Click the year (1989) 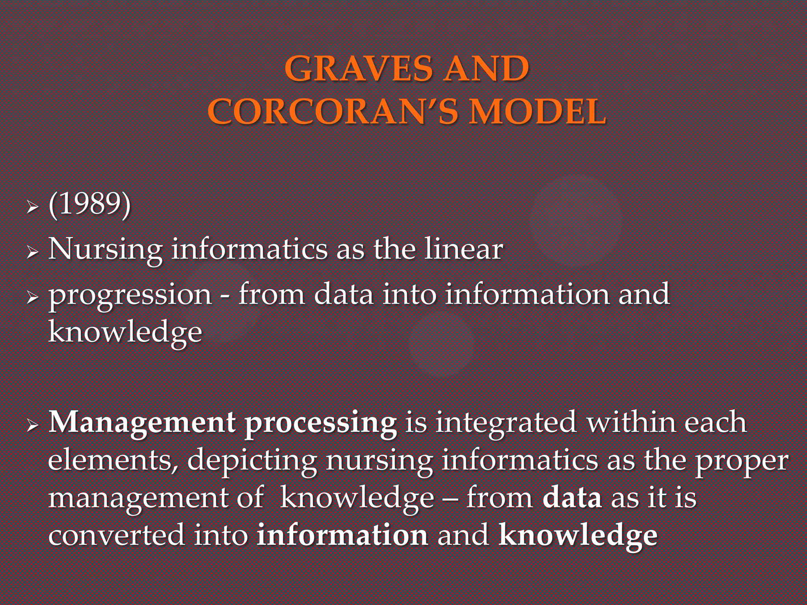[x=89, y=205]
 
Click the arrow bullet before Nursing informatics [x=32, y=251]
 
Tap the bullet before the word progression [x=32, y=297]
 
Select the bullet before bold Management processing [x=32, y=425]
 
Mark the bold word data [x=572, y=498]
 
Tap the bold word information [x=342, y=535]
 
